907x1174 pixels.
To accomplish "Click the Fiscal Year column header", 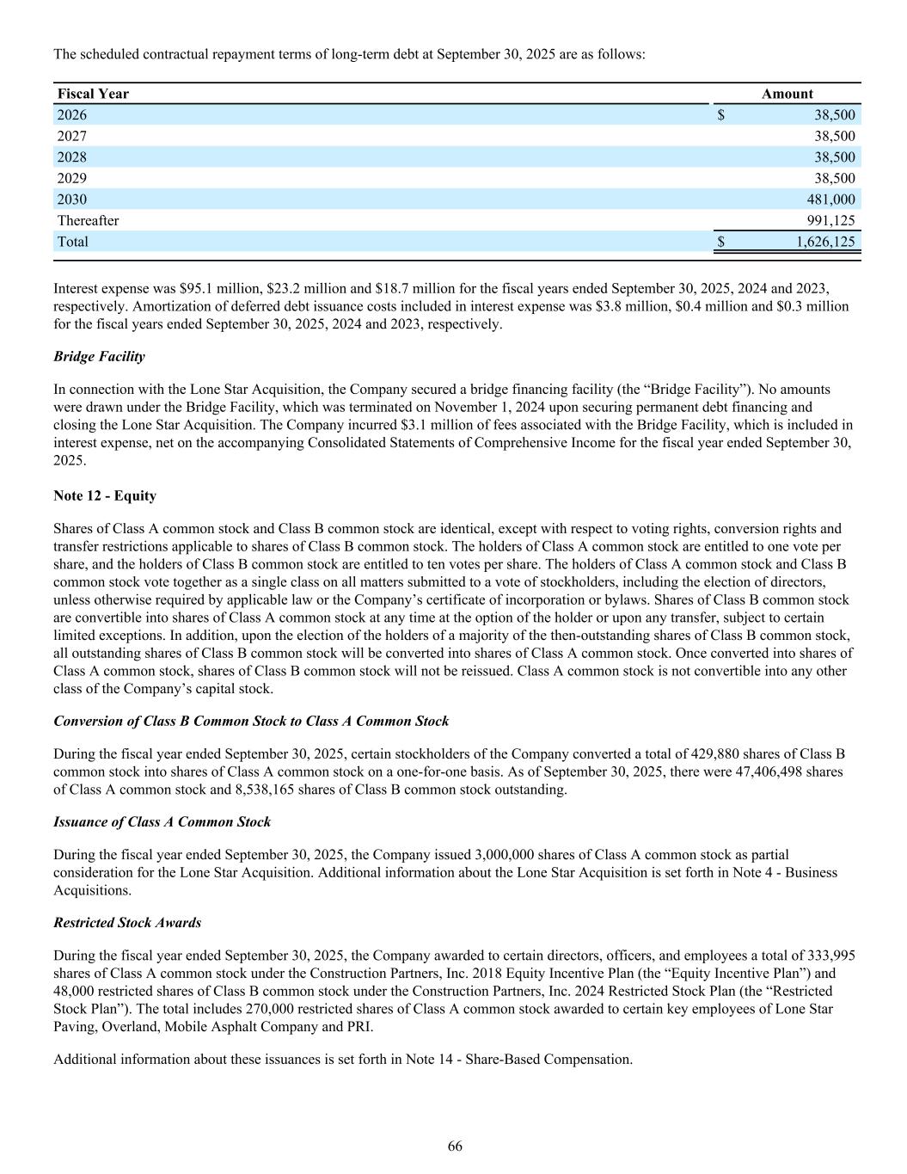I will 93,94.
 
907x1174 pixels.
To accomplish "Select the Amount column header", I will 787,94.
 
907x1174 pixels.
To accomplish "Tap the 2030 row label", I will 71,200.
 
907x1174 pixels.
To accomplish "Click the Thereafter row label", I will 88,220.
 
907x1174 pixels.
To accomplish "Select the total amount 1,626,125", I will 825,242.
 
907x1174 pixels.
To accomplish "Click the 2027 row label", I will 71,136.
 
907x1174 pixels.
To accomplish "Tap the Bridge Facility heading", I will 99,356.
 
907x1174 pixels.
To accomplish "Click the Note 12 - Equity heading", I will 105,496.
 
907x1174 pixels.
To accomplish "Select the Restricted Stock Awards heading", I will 127,923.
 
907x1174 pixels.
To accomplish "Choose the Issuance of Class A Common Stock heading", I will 162,822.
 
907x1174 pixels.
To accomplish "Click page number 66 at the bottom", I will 455,1146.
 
